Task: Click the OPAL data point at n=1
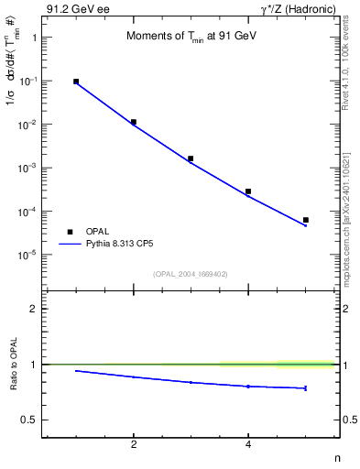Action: (x=76, y=82)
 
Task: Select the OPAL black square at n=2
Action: (x=134, y=122)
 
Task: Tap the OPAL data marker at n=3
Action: (x=191, y=158)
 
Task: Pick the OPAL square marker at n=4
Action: (x=248, y=191)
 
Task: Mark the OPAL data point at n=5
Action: (x=306, y=220)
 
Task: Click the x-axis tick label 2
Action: (x=134, y=444)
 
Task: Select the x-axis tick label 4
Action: (x=248, y=444)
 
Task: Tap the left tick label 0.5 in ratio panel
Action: (x=29, y=420)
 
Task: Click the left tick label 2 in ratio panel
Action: (x=34, y=309)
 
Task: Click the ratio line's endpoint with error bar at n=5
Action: (x=306, y=388)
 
